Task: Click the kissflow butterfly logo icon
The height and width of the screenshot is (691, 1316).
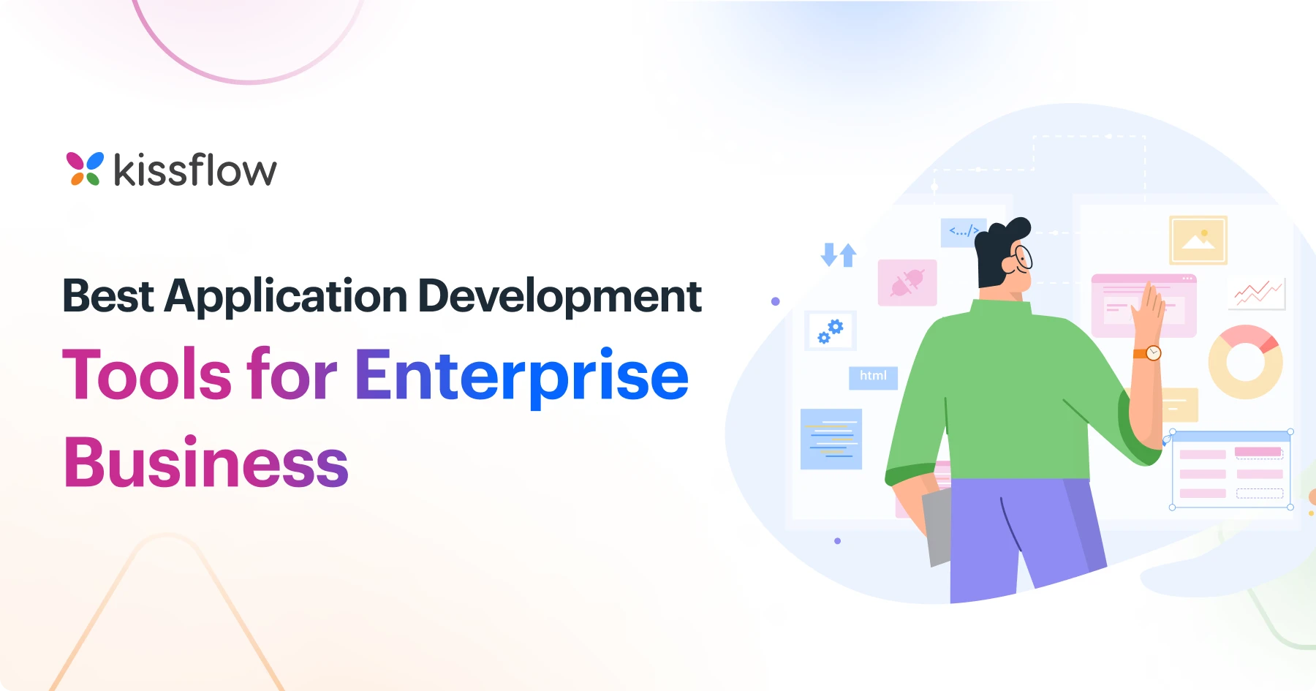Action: coord(85,169)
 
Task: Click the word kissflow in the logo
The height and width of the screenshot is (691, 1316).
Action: coord(195,170)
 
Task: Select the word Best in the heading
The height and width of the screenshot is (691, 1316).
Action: coord(108,296)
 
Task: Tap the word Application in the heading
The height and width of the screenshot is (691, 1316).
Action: coord(285,297)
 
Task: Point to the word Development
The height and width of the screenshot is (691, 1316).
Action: coord(559,296)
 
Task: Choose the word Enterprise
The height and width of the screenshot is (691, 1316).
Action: coord(521,377)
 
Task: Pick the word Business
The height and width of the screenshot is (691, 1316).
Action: coord(206,462)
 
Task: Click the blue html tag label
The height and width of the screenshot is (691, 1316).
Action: coord(873,377)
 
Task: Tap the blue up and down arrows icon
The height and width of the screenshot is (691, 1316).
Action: coord(839,254)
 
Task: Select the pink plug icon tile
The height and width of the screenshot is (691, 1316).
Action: coord(907,282)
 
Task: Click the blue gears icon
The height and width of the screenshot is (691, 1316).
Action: coord(831,331)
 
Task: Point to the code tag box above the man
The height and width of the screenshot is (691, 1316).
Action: coord(962,232)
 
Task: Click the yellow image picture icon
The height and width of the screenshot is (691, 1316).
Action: coord(1198,240)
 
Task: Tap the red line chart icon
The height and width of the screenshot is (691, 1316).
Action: coord(1258,293)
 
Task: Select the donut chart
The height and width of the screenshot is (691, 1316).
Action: coord(1245,362)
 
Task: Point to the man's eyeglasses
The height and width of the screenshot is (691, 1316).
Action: coord(1022,257)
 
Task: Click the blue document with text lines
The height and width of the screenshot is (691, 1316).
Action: coord(831,439)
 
